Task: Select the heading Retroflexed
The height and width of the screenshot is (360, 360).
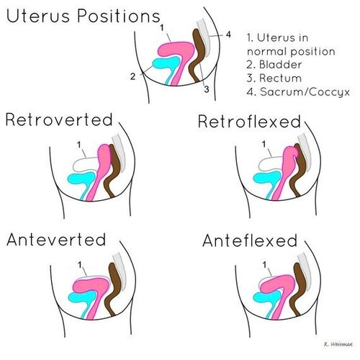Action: pyautogui.click(x=248, y=122)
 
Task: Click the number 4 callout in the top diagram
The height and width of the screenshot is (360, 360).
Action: pyautogui.click(x=228, y=33)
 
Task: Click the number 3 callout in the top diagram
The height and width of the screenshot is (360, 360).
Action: pyautogui.click(x=206, y=89)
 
